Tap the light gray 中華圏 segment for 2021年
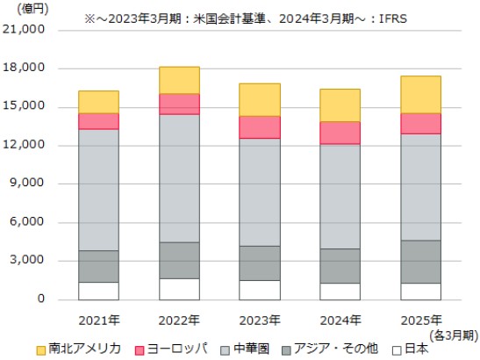coord(98,190)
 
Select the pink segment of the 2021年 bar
coord(98,121)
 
